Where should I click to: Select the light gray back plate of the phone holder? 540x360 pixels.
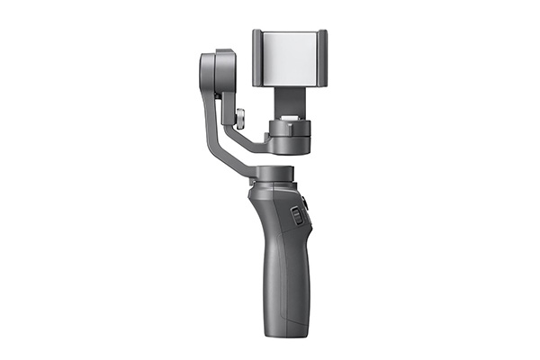pyautogui.click(x=290, y=59)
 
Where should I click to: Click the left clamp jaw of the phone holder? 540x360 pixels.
pyautogui.click(x=256, y=59)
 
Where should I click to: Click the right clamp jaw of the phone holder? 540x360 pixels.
pyautogui.click(x=322, y=59)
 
